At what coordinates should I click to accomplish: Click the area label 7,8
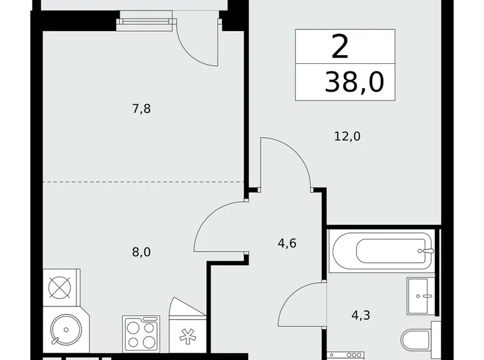pos(141,109)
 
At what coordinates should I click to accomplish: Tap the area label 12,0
pos(347,136)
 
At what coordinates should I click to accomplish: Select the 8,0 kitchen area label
pos(141,252)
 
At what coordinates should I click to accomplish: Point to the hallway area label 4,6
pos(287,243)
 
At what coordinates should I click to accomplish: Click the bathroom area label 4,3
pos(361,315)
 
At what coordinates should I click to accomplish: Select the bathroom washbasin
pos(421,296)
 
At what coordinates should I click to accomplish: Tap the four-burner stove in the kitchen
pos(141,334)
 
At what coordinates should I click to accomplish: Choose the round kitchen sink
pos(66,330)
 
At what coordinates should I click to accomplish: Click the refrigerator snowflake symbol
pos(187,336)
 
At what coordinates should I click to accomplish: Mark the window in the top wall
pos(146,20)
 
